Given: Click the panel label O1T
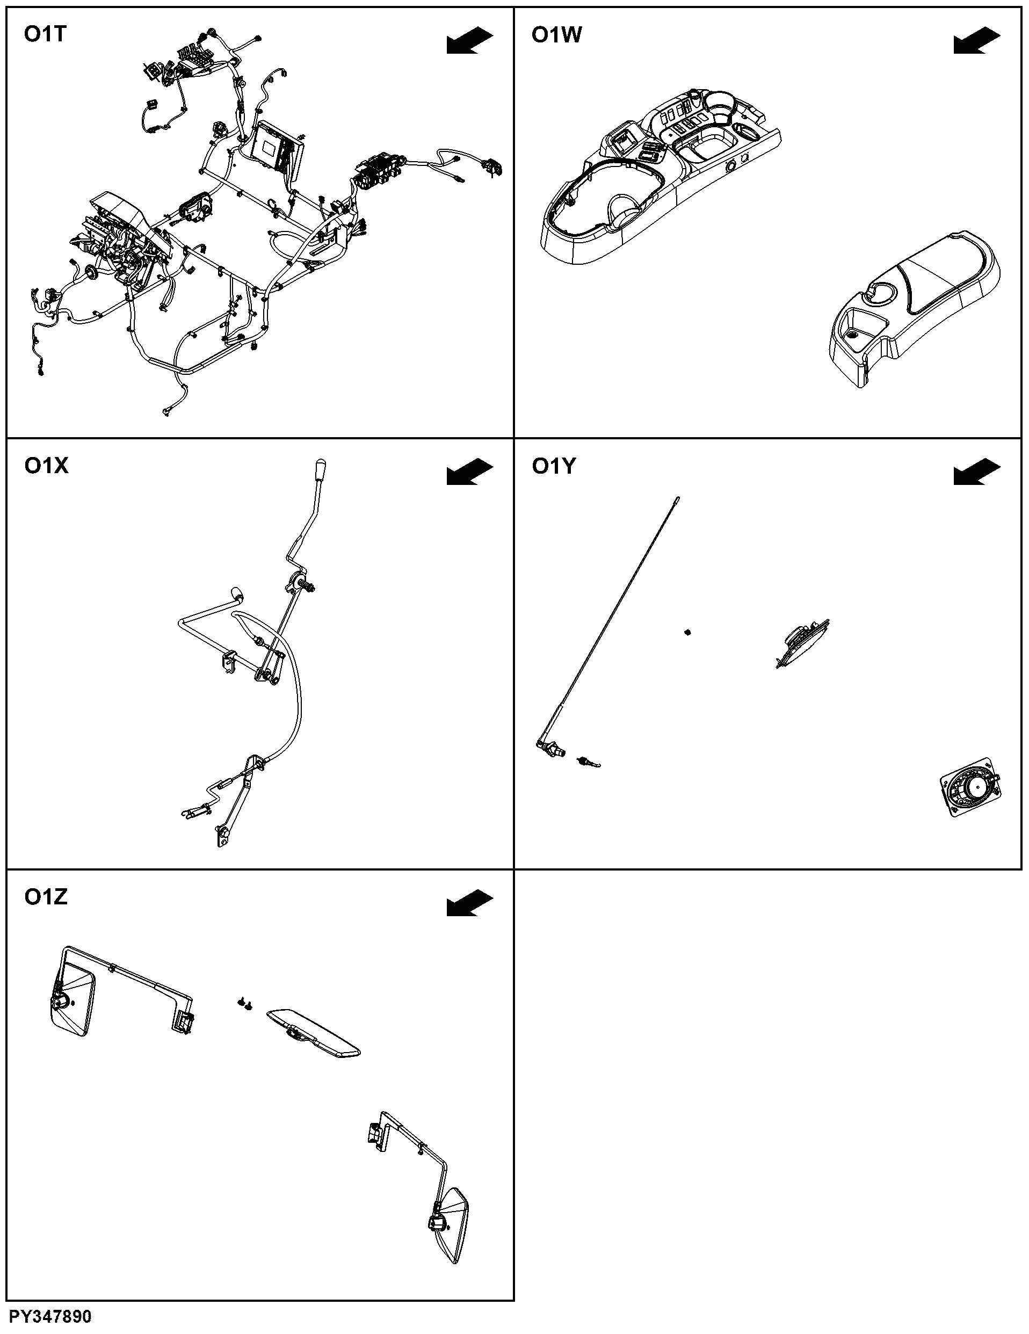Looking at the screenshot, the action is [45, 35].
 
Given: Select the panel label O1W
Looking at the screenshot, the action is [556, 35].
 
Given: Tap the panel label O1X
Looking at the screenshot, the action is [46, 466].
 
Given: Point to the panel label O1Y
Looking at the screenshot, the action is [553, 466].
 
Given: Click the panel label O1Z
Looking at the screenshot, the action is [45, 897].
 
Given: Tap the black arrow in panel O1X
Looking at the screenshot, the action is [469, 472].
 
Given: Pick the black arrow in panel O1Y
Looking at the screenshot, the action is [977, 472].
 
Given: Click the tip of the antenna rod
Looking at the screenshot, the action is [677, 498].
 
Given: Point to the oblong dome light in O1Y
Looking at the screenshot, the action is [802, 644].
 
